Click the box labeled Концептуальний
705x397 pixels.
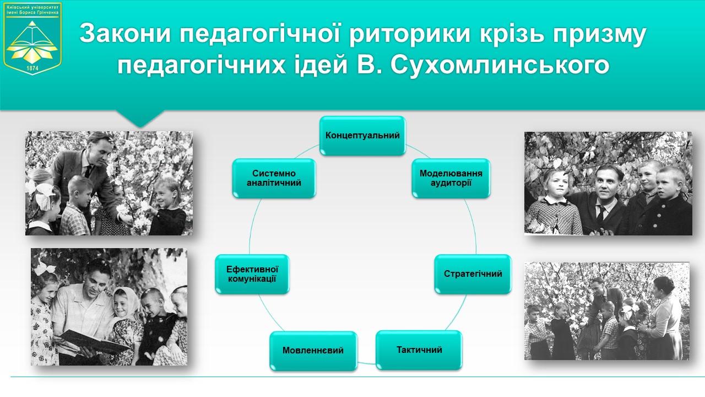click(x=362, y=136)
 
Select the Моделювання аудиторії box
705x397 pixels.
click(x=451, y=178)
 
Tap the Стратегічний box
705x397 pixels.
click(x=473, y=274)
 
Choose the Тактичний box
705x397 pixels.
click(x=419, y=350)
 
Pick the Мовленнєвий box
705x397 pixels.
click(x=313, y=351)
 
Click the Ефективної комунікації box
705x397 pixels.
click(x=252, y=274)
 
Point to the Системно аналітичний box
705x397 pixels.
click(x=274, y=178)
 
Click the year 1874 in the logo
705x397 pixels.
click(x=32, y=68)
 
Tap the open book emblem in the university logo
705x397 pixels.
click(x=32, y=37)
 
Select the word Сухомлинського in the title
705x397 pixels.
click(x=500, y=66)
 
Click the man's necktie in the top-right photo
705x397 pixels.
click(x=601, y=213)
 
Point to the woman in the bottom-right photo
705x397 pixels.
click(x=664, y=318)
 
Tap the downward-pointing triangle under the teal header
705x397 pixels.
click(x=140, y=119)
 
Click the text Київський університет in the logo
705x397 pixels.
click(x=32, y=7)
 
